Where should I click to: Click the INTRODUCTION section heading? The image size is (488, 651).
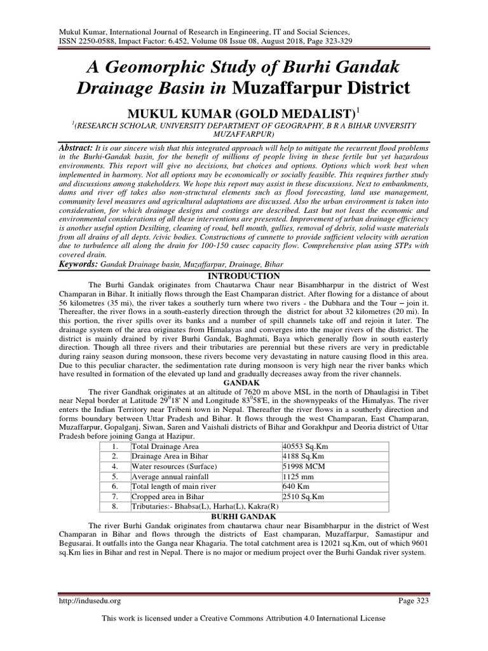(x=243, y=276)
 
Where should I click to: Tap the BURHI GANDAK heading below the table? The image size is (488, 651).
(x=243, y=518)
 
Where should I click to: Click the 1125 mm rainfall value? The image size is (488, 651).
(x=299, y=476)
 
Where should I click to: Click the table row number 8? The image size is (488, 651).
(x=114, y=506)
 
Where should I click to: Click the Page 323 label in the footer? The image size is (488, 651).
(x=419, y=600)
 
